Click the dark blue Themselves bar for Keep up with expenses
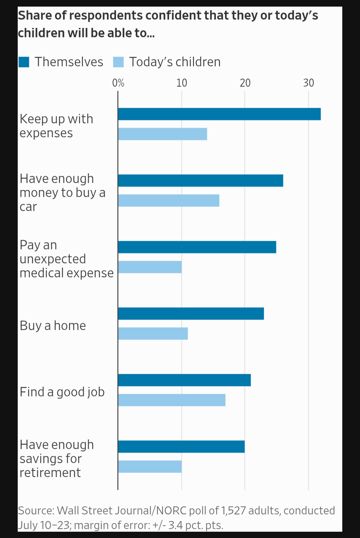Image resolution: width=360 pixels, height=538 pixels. (219, 114)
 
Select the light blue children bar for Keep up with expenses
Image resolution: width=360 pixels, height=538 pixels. (162, 134)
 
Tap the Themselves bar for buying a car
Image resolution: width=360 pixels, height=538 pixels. (200, 180)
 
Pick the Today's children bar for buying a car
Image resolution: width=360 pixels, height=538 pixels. (168, 200)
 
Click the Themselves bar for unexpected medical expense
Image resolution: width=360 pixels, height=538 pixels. (197, 247)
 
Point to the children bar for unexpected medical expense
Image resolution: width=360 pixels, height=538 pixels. (150, 267)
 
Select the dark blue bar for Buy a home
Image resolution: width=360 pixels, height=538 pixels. (191, 314)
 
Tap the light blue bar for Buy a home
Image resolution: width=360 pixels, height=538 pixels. (153, 334)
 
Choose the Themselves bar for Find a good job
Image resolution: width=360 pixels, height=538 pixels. (184, 380)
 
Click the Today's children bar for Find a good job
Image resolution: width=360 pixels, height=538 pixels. (172, 400)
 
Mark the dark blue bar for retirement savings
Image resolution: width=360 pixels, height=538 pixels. (181, 447)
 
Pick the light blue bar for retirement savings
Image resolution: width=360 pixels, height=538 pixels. (150, 467)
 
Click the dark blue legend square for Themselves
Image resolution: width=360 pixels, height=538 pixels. (24, 62)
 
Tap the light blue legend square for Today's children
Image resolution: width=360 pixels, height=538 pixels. (118, 62)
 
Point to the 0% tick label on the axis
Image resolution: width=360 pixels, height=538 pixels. (118, 83)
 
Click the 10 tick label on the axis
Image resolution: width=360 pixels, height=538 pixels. (182, 83)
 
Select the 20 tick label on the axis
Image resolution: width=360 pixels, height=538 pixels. (245, 83)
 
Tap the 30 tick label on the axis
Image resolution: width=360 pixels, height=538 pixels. (309, 83)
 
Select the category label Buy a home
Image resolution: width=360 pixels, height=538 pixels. (53, 326)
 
